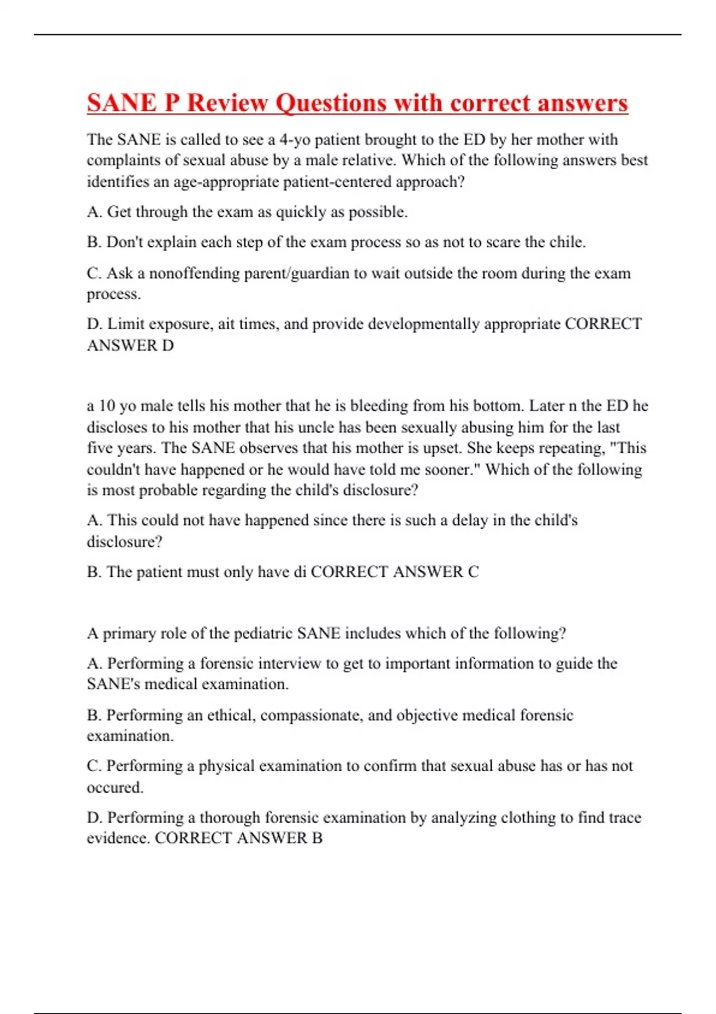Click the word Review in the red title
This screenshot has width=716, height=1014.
coord(227,103)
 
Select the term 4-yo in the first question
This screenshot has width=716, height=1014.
coord(295,140)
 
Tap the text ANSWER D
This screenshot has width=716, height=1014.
coord(130,345)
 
